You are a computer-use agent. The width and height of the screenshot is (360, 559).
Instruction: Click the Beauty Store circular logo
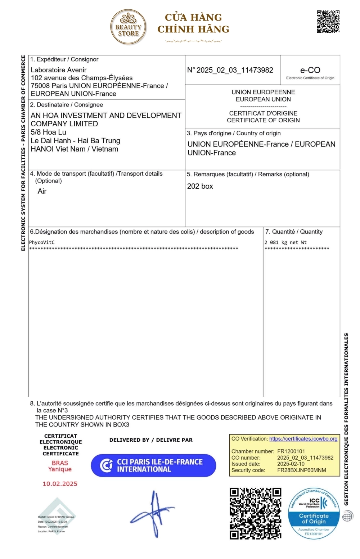128,27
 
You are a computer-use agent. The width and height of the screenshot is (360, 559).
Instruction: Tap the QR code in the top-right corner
328,22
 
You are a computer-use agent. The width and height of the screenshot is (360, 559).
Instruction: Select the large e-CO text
310,70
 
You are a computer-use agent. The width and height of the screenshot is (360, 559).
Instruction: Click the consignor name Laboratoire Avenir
59,70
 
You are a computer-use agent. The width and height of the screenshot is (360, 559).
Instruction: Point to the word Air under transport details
42,191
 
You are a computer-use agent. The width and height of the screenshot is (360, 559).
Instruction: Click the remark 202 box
200,186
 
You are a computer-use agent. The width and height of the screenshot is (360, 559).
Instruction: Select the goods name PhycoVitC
42,242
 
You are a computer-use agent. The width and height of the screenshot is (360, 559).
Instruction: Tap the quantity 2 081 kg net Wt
285,242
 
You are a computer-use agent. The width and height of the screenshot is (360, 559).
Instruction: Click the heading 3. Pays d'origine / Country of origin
234,133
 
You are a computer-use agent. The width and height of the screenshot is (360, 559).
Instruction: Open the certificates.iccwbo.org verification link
303,439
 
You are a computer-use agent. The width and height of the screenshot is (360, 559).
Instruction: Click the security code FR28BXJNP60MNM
302,470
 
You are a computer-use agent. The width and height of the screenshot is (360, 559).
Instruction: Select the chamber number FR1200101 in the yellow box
291,451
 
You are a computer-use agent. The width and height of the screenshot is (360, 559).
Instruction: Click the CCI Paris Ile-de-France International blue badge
153,465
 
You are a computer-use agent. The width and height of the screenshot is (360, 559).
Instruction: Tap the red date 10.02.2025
60,484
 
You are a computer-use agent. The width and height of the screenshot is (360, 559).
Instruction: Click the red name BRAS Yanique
60,466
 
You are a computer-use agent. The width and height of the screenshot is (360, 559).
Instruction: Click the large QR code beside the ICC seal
255,513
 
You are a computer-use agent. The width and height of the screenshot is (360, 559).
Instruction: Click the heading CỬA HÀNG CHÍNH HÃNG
193,23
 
